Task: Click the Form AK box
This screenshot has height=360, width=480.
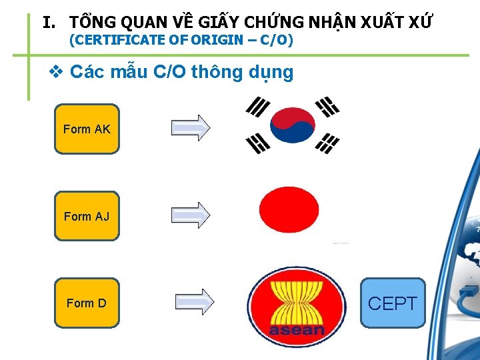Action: click(87, 129)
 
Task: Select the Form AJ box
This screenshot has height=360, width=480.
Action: click(87, 216)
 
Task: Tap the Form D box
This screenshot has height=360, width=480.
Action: click(87, 303)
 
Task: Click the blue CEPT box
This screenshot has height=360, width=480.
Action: click(393, 303)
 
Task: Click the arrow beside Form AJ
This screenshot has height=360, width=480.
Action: click(191, 215)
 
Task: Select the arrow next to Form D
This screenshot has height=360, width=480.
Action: click(195, 301)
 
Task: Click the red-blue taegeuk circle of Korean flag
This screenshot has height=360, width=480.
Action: click(292, 125)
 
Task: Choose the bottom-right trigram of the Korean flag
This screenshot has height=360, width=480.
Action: click(327, 143)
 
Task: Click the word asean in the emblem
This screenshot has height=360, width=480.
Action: click(297, 329)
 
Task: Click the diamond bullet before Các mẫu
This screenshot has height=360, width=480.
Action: click(57, 72)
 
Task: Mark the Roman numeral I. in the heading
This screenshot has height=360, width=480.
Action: click(49, 23)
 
